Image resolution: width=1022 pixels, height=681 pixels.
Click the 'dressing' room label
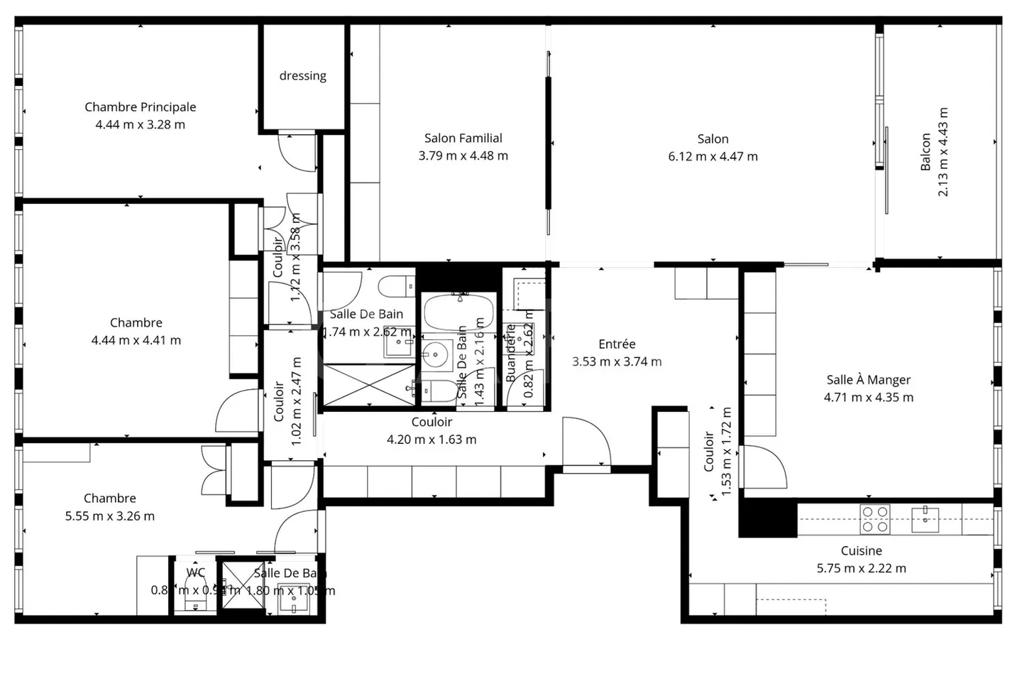[303, 76]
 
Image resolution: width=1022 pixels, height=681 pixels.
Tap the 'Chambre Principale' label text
[141, 107]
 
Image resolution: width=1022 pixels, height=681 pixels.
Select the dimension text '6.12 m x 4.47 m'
[713, 156]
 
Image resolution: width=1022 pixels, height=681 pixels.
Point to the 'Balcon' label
[925, 152]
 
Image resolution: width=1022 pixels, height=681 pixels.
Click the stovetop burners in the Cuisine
[874, 519]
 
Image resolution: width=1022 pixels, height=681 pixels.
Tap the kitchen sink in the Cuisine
[925, 518]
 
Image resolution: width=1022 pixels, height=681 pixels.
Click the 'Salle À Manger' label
[868, 380]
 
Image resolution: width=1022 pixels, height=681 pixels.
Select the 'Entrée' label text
[617, 344]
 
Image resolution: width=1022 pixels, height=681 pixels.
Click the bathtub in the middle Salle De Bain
[458, 311]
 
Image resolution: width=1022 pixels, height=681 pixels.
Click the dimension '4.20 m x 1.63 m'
[432, 440]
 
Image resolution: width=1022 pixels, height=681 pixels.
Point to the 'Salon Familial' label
[463, 138]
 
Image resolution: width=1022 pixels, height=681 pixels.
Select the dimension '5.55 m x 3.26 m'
[110, 516]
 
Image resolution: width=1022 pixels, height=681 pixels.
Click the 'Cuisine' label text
[861, 551]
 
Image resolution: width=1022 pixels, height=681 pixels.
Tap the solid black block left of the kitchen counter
[767, 518]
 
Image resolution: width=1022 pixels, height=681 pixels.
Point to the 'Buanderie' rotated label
[510, 353]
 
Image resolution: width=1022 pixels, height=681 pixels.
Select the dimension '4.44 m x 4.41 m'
[136, 340]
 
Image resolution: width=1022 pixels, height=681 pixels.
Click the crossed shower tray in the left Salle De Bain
[368, 386]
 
